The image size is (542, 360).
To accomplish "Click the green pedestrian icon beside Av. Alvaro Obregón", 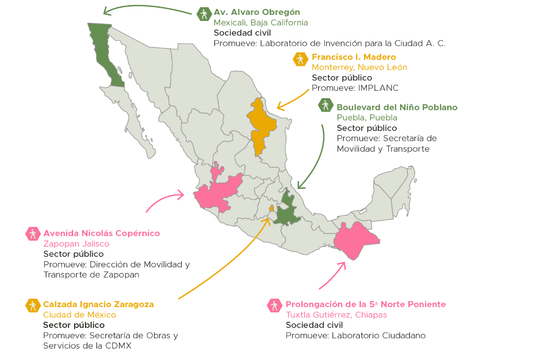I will coord(204,14).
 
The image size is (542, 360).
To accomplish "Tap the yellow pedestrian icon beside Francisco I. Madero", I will coord(300,59).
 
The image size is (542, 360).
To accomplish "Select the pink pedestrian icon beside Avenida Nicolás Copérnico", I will coord(33,234).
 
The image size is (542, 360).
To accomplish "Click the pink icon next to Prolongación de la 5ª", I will coord(274,305).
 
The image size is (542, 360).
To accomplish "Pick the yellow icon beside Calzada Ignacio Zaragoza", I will coord(32,305).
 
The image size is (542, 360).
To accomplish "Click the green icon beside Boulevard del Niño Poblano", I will coord(325,105).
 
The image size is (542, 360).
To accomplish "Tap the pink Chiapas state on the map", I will coord(357,239).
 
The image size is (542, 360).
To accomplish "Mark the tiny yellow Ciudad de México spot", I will coord(271,208).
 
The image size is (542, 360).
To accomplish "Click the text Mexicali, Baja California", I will coord(261,23).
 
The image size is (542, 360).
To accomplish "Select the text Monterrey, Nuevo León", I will coord(359,67).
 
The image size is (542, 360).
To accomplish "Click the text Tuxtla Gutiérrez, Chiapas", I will coord(336,315).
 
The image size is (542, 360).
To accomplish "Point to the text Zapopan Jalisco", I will coord(76,244).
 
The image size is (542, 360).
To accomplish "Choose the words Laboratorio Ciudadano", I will coord(378,336).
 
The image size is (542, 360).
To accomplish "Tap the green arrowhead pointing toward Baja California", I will coord(105,10).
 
